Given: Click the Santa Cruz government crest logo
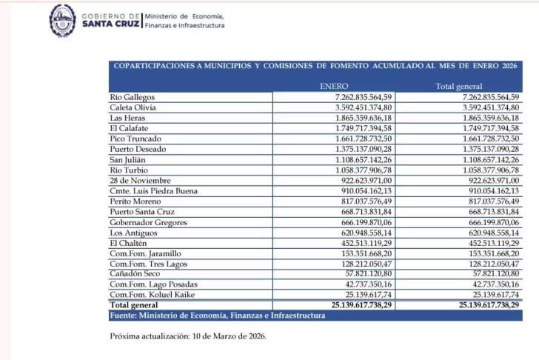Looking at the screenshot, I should (62, 20).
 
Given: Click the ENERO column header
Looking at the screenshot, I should (334, 87).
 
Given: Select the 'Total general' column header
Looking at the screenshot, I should (459, 87).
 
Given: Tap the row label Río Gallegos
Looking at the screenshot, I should (132, 97).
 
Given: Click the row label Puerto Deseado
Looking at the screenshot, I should (137, 149).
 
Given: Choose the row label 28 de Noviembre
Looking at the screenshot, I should (139, 180).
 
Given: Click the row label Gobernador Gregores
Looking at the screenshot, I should (148, 221).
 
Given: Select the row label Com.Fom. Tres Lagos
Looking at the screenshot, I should (147, 263).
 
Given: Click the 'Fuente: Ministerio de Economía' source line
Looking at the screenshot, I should (217, 315).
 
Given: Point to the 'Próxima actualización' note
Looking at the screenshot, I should (187, 336).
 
